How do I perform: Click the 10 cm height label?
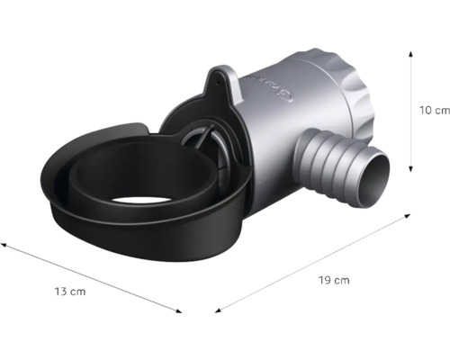[435, 111]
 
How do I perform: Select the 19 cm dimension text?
[335, 281]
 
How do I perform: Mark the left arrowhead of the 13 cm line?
[4, 242]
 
